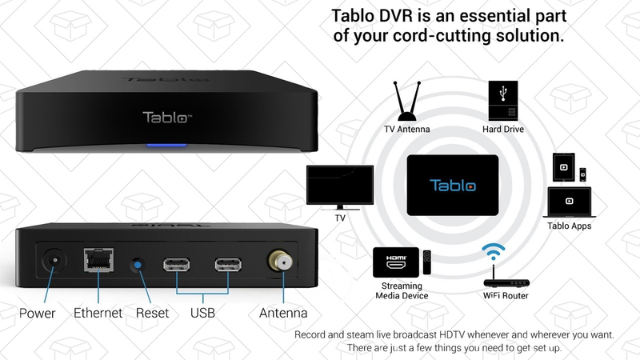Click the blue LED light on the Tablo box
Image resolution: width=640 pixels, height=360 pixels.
click(166, 145)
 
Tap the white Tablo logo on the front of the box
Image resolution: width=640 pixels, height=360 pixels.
click(167, 118)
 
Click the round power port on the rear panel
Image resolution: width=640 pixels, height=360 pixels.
click(54, 261)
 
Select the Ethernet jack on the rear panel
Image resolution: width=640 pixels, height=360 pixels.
click(98, 259)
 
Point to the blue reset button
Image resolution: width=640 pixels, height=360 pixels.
click(138, 265)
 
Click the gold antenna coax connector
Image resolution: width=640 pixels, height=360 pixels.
click(281, 262)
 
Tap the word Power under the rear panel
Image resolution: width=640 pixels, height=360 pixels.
click(37, 313)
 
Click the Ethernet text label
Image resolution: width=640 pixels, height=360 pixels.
click(98, 313)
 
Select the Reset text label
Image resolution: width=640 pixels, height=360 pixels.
click(152, 313)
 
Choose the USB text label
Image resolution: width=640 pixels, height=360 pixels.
click(202, 313)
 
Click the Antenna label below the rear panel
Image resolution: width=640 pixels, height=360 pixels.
click(283, 313)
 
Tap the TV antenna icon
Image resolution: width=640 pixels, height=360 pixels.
click(407, 102)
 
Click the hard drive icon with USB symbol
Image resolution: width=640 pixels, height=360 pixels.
click(503, 101)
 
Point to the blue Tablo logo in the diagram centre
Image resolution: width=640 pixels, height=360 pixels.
click(453, 186)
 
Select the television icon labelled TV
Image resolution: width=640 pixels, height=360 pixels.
click(340, 188)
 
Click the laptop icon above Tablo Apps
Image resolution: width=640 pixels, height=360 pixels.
click(569, 202)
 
